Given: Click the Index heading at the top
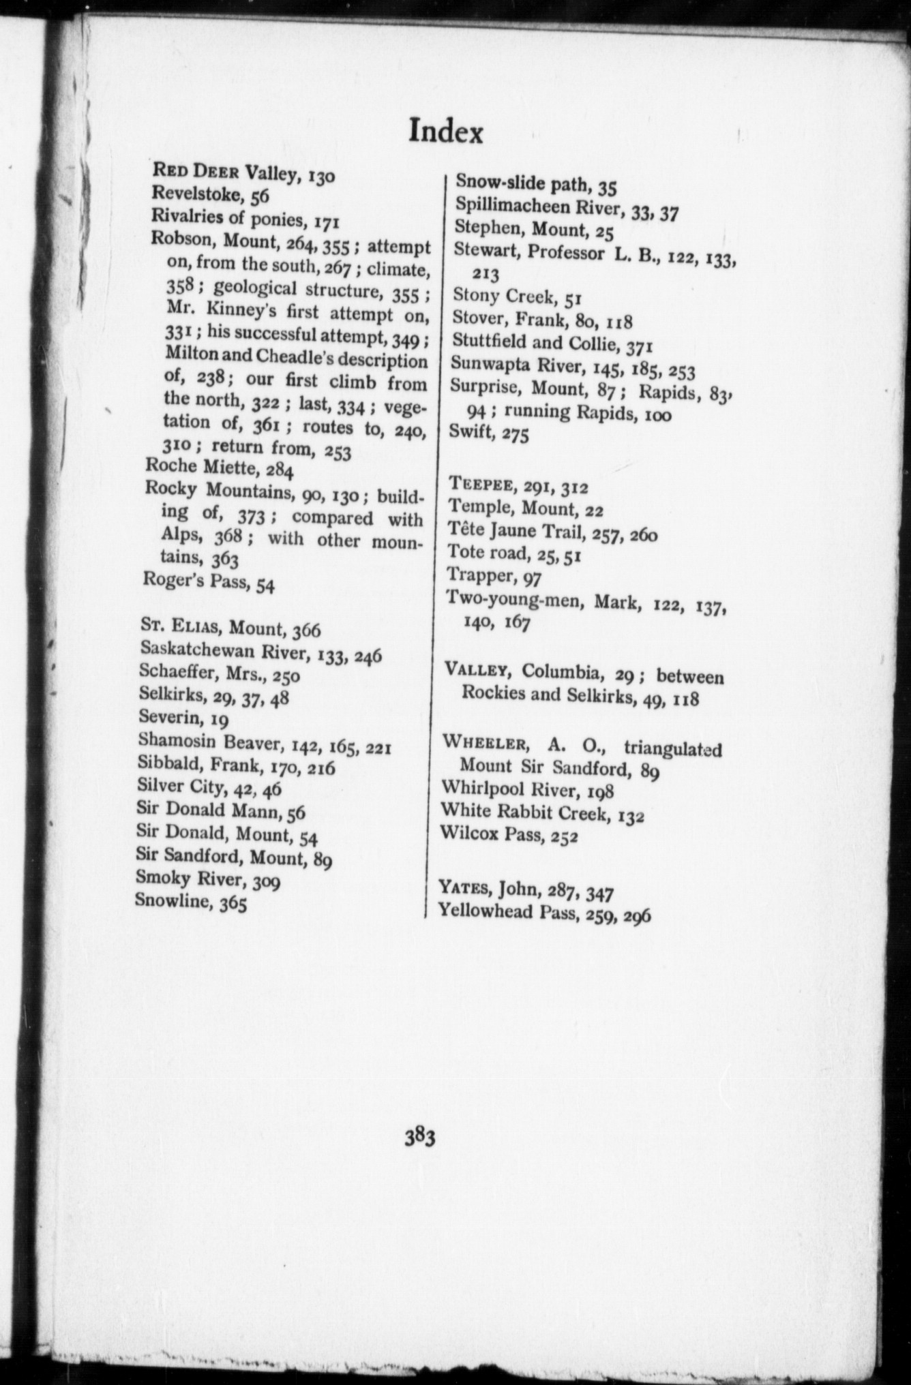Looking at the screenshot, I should (445, 132).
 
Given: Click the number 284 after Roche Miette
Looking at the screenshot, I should (280, 469).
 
